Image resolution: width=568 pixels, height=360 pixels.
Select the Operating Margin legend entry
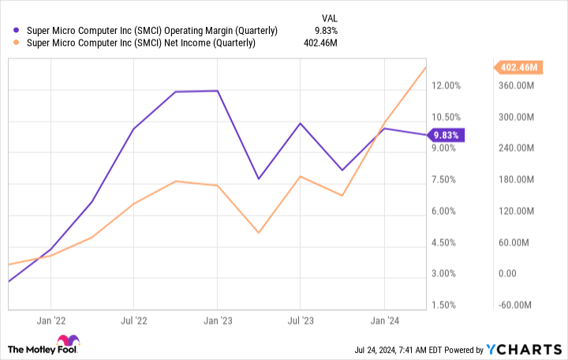pyautogui.click(x=152, y=31)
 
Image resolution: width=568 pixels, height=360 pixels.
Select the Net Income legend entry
pyautogui.click(x=141, y=43)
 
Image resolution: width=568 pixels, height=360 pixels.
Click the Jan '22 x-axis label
pyautogui.click(x=50, y=321)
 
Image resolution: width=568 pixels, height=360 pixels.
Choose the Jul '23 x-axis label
pyautogui.click(x=300, y=321)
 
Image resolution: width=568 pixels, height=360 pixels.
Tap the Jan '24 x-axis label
pyautogui.click(x=384, y=321)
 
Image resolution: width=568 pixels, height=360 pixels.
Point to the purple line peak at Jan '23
pyautogui.click(x=217, y=91)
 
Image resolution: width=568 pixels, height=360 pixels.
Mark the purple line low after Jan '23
pyautogui.click(x=259, y=178)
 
